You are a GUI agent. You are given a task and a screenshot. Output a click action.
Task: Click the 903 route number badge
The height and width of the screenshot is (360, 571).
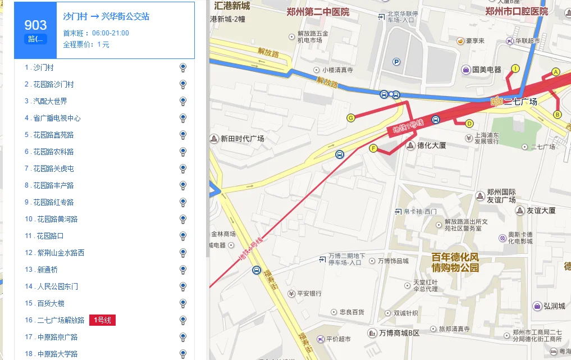click(x=35, y=30)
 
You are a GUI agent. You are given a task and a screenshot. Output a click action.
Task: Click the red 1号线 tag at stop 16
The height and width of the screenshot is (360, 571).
click(x=102, y=320)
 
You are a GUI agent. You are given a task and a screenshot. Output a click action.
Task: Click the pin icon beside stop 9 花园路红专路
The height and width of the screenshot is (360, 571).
click(x=182, y=202)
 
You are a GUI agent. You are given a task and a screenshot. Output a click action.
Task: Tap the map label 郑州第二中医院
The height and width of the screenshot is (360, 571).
click(x=317, y=12)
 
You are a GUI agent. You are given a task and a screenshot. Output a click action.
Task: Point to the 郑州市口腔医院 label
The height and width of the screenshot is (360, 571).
click(x=516, y=12)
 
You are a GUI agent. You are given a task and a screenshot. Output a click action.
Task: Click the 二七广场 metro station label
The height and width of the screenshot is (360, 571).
click(x=520, y=102)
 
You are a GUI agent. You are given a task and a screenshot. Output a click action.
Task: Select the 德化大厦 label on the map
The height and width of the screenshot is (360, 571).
click(x=431, y=145)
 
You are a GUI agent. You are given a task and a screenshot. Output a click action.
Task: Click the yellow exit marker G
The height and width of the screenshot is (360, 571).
click(x=351, y=118)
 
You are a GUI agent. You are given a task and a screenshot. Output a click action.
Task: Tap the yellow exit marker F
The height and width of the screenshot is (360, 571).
click(x=373, y=148)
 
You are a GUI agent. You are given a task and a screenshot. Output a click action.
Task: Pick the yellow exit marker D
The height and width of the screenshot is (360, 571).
click(x=469, y=124)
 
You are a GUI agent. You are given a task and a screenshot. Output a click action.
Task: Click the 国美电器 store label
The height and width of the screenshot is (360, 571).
click(x=486, y=70)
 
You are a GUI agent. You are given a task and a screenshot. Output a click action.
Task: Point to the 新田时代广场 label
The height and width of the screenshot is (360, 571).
click(x=242, y=139)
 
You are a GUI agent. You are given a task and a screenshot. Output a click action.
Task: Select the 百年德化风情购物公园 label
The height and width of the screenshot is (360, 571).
click(x=455, y=262)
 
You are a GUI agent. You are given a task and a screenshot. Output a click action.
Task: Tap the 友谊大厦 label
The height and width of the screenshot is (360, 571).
click(x=541, y=211)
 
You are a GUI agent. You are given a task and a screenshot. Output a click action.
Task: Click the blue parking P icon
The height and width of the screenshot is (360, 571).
click(x=396, y=62)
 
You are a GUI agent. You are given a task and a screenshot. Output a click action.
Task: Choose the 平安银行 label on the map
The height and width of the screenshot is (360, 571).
click(x=309, y=293)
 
